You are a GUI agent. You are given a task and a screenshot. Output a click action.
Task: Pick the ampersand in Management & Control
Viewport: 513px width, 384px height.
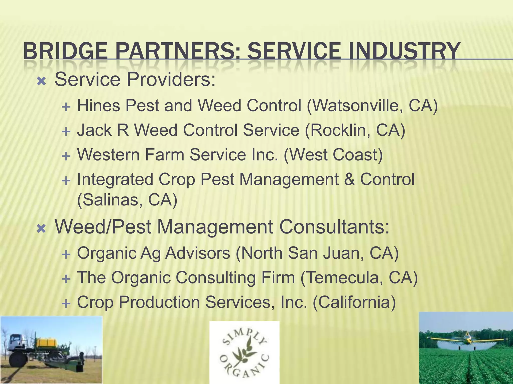(349, 179)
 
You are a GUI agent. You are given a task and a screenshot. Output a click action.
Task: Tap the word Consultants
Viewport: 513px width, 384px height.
(334, 227)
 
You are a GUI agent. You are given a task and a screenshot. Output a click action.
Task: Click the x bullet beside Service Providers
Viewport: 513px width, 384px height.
(41, 81)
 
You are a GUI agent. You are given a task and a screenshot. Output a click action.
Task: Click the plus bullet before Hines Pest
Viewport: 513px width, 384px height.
(66, 107)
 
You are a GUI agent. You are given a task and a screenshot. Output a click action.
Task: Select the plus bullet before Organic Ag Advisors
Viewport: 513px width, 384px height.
(66, 255)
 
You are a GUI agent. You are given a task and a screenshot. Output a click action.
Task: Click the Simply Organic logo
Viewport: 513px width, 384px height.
(244, 352)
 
